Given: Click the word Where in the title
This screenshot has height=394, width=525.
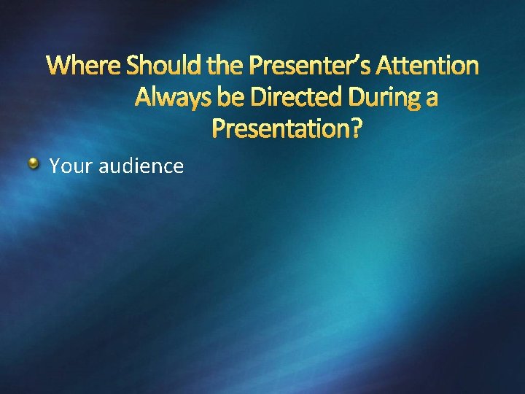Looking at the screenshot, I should [84, 66].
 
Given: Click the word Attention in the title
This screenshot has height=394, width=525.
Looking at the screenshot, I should [430, 66].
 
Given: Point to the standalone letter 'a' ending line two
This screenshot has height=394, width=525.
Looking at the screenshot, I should [430, 99].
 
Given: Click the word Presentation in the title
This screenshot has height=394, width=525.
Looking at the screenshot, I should [281, 129].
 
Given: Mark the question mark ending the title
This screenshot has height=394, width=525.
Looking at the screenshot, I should [355, 129].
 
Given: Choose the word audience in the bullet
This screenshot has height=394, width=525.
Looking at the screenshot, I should [141, 166].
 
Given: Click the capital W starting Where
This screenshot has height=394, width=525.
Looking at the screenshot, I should [58, 66].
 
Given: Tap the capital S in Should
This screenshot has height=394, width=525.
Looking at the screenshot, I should [134, 66].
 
